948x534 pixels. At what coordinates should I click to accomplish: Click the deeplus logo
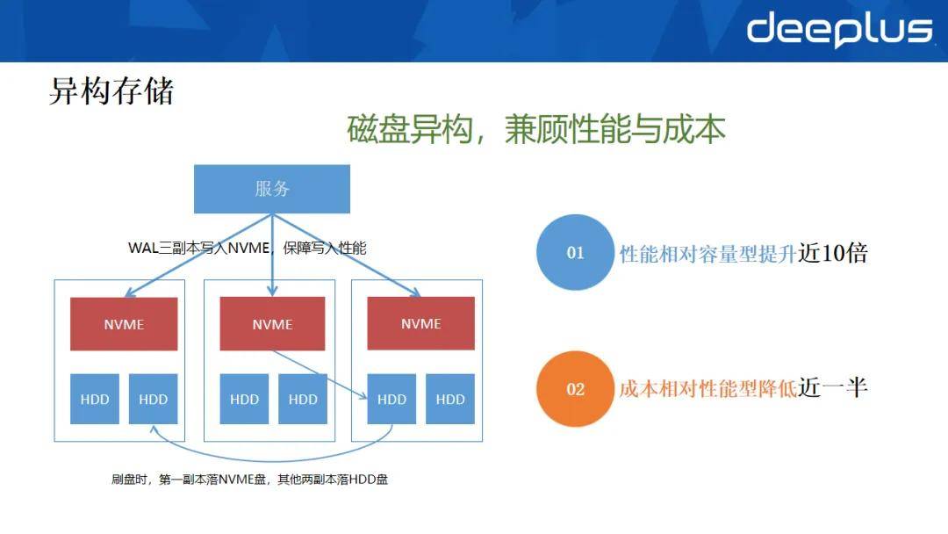[840, 29]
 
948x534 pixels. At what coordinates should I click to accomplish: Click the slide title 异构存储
[111, 91]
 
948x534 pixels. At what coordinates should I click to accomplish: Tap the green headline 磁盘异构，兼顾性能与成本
[536, 129]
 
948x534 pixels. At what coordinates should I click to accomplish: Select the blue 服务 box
[272, 189]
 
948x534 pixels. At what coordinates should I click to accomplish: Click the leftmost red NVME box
[124, 323]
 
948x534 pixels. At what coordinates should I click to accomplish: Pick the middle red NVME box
[272, 323]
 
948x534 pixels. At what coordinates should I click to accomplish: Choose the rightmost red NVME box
[420, 323]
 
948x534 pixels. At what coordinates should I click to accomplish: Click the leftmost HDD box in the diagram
[94, 399]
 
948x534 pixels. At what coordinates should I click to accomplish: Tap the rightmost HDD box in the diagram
[450, 399]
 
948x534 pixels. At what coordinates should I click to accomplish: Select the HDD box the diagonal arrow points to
[391, 399]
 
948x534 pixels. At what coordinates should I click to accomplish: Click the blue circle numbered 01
[575, 252]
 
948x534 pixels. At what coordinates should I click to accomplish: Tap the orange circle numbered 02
[575, 389]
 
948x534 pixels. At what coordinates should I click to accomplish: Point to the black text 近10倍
[832, 253]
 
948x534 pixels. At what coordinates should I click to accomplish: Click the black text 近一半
[832, 387]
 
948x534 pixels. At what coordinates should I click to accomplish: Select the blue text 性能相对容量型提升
[708, 254]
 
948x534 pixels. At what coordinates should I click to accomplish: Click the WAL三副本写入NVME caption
[248, 248]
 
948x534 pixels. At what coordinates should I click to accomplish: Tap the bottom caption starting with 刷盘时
[249, 480]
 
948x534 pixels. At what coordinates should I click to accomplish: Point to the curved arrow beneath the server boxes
[272, 461]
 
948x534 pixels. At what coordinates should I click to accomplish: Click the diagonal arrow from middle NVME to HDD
[320, 374]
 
